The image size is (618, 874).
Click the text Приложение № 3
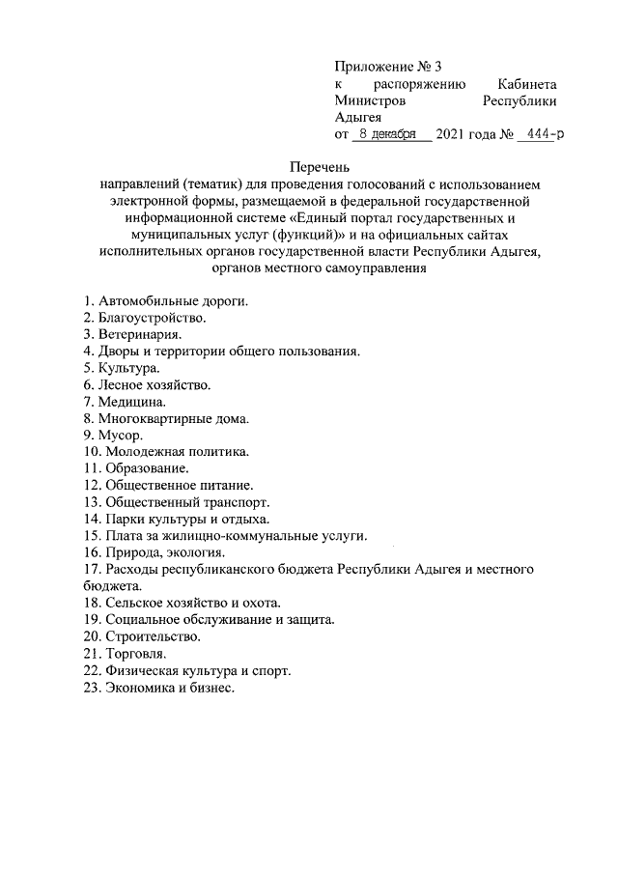coord(387,67)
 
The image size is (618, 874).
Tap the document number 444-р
coord(541,134)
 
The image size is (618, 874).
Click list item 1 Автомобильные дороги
coord(166,300)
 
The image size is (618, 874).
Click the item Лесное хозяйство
coord(147,384)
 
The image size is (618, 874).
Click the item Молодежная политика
coord(166,451)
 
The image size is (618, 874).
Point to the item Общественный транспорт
coord(177,502)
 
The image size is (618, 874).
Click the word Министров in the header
coord(370,100)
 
